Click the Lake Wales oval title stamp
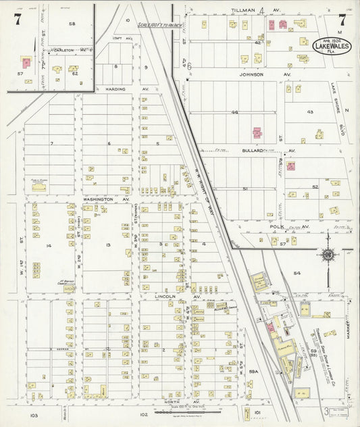point(332,46)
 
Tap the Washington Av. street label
point(106,200)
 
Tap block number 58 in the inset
point(72,24)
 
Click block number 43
point(310,111)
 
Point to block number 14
point(48,245)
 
